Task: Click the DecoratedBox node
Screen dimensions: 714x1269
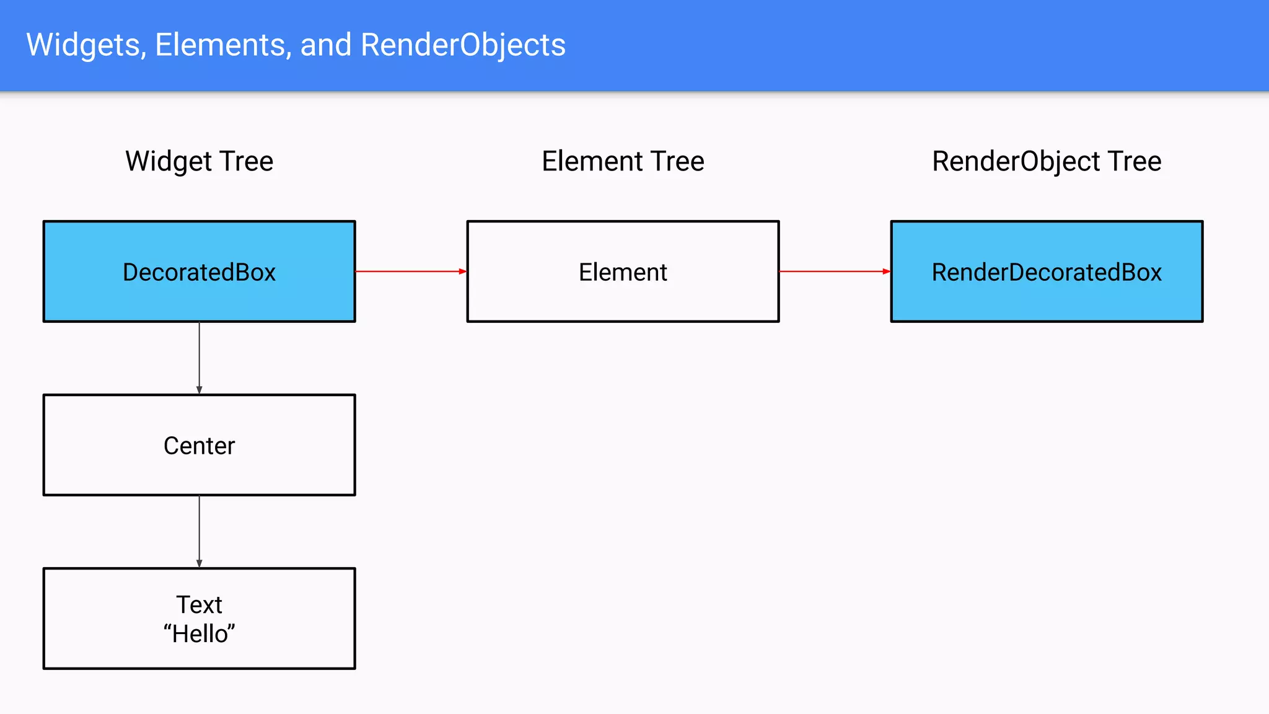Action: (x=199, y=271)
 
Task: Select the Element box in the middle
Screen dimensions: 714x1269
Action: (x=623, y=271)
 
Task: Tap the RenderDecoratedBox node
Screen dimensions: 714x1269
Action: (x=1047, y=271)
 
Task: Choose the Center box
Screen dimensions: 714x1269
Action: (x=199, y=445)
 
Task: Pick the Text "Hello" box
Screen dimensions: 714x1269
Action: (x=199, y=619)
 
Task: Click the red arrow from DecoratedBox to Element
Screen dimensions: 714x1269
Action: (x=409, y=271)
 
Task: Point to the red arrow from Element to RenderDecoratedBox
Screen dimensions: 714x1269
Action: (x=833, y=271)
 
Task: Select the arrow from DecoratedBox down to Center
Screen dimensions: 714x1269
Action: (x=199, y=357)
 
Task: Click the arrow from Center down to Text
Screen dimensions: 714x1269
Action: (x=199, y=531)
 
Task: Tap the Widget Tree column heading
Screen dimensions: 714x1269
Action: (x=199, y=161)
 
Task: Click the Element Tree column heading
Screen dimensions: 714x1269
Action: (x=623, y=161)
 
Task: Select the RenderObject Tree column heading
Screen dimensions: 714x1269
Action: (x=1047, y=161)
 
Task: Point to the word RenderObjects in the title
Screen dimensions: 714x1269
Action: (x=463, y=45)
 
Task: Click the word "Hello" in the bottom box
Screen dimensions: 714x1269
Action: (x=199, y=634)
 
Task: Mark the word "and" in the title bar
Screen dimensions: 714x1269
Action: (x=326, y=45)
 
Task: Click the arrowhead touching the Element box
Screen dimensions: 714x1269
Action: (x=462, y=271)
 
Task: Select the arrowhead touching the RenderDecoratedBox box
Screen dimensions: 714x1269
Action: (x=886, y=271)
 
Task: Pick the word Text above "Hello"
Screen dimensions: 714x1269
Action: (x=199, y=604)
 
